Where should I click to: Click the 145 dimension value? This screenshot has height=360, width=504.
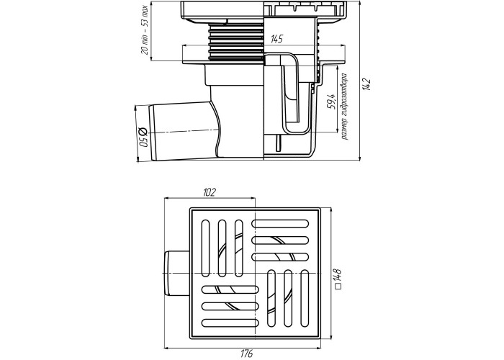click(276, 39)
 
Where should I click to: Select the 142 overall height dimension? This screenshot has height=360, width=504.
click(366, 84)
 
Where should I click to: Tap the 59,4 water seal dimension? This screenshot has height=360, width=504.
click(331, 102)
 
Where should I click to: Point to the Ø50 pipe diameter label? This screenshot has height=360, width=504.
click(143, 137)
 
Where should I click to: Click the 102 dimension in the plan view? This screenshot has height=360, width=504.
click(210, 192)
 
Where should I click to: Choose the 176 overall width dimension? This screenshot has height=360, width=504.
click(246, 353)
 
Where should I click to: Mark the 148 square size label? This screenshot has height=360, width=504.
click(338, 276)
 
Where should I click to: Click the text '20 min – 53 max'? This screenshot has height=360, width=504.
click(145, 30)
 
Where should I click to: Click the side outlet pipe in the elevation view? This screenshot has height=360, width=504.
click(183, 132)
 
